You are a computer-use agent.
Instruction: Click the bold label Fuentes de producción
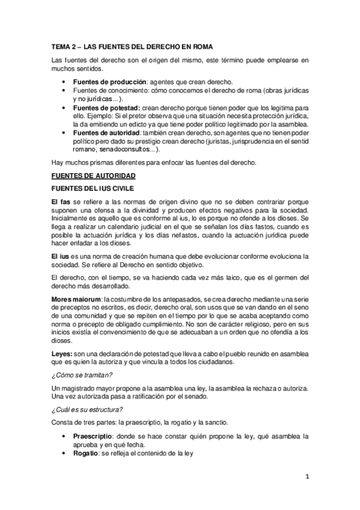click(109, 82)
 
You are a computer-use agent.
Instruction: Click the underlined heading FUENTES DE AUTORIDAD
click(93, 176)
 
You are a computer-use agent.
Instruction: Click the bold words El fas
click(61, 201)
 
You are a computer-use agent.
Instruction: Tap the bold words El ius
click(61, 256)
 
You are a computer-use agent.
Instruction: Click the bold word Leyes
click(63, 354)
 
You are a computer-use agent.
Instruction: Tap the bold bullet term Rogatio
click(87, 453)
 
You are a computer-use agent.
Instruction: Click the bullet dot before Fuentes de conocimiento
click(64, 90)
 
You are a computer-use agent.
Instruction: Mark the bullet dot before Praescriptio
click(64, 435)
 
